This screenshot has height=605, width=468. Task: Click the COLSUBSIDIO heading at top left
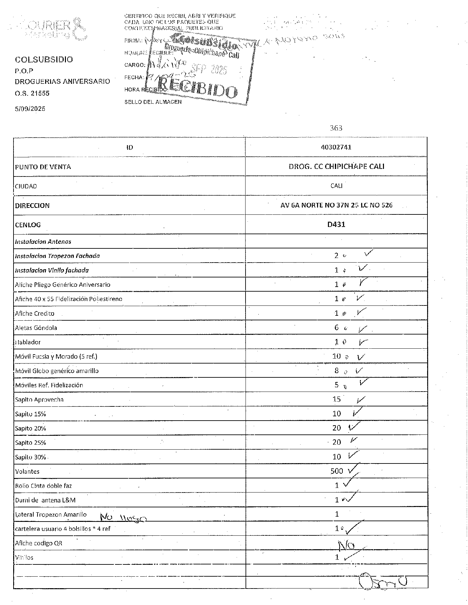point(44,60)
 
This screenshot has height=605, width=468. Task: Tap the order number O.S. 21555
point(32,93)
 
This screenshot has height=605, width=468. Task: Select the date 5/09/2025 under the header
point(30,109)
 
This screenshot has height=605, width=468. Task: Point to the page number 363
point(336,128)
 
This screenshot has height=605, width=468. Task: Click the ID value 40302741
point(336,147)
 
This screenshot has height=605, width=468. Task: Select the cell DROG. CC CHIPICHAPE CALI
point(336,167)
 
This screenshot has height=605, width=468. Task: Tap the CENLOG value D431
point(336,225)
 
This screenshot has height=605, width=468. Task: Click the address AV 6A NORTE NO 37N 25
point(336,205)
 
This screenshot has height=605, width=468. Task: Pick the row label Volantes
point(27,471)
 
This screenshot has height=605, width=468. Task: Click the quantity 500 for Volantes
point(336,471)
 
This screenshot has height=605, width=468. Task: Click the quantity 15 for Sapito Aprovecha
point(336,399)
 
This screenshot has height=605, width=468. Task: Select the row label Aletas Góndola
point(36,328)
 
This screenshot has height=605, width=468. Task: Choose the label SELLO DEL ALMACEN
point(153,102)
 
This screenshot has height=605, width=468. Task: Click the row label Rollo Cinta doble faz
point(43,486)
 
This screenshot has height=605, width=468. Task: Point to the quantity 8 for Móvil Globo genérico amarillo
point(336,370)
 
